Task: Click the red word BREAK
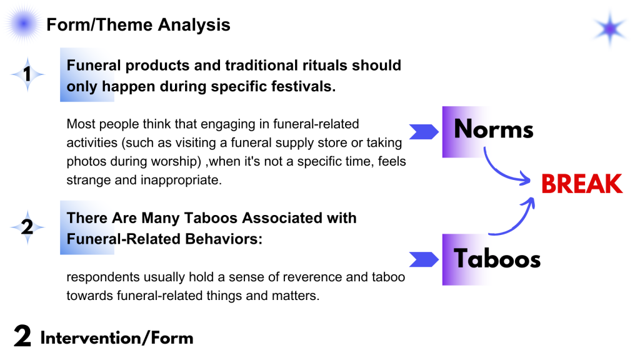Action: tap(582, 184)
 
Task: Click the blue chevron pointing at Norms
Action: tap(424, 132)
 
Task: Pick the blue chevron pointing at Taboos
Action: tap(424, 259)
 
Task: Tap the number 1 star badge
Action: tap(27, 74)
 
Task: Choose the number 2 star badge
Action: tap(27, 227)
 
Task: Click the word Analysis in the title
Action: tap(194, 25)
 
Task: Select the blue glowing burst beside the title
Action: tap(23, 24)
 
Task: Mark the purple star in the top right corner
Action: tap(610, 29)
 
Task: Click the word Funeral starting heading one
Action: tap(94, 65)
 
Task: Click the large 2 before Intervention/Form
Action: tap(22, 336)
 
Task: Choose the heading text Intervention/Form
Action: tap(117, 338)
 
